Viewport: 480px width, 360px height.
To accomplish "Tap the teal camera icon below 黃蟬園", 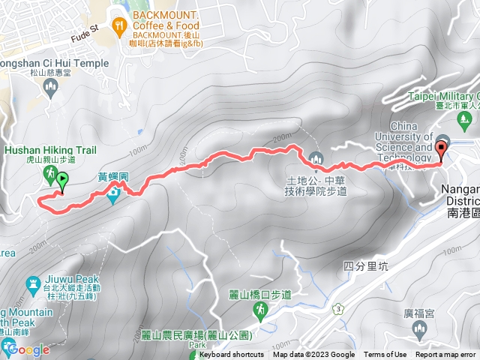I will (x=113, y=196).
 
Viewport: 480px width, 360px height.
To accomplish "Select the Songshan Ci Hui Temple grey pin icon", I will (x=51, y=89).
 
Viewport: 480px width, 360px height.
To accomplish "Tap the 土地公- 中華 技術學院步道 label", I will (x=317, y=186).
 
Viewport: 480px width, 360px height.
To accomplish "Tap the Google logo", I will (x=28, y=349).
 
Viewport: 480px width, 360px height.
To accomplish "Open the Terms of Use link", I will (x=385, y=355).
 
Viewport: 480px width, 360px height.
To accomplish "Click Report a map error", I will (x=446, y=355).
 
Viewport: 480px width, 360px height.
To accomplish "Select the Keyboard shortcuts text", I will (x=231, y=355).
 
